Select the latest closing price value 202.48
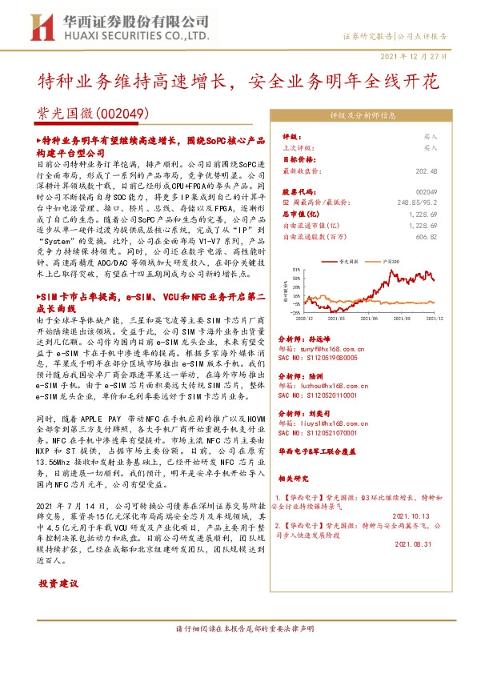click(x=424, y=171)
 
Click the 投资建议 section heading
click(x=59, y=584)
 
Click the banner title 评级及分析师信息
click(x=363, y=114)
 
